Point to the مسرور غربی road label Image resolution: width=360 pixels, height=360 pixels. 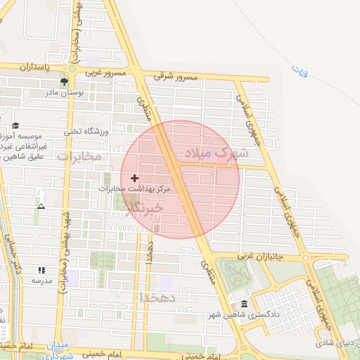click(105, 72)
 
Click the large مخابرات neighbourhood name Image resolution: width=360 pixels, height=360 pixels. click(79, 155)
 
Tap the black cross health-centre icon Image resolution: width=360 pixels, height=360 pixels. click(135, 179)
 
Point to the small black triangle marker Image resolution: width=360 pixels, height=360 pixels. click(41, 207)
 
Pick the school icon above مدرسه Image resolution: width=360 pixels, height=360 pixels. click(41, 270)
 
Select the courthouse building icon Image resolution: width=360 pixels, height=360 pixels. click(244, 304)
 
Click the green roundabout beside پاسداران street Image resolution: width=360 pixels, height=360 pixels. click(73, 69)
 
